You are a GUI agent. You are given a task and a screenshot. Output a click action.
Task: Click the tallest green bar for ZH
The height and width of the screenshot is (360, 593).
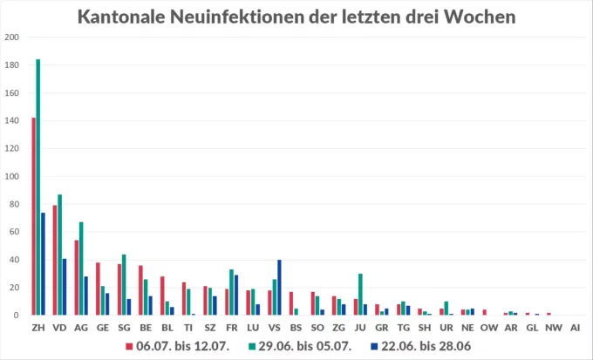pos(38,187)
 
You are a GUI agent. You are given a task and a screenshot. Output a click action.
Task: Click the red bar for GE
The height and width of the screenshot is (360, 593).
pos(98,289)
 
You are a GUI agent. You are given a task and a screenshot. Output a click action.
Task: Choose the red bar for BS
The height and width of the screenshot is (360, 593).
pos(290,303)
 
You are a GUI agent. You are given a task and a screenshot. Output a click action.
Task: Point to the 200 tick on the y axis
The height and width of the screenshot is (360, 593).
pos(11,37)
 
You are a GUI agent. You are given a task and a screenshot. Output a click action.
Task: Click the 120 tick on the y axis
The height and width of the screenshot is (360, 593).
pos(11,148)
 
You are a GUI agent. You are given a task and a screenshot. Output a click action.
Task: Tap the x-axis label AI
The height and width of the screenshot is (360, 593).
pos(574,327)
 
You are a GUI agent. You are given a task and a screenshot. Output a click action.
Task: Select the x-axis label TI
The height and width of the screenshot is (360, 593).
pos(188,327)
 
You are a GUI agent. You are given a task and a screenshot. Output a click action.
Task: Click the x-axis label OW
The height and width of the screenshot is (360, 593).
pos(488,327)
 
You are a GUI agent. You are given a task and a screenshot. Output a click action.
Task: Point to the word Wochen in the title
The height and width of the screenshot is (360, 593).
pos(475,17)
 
